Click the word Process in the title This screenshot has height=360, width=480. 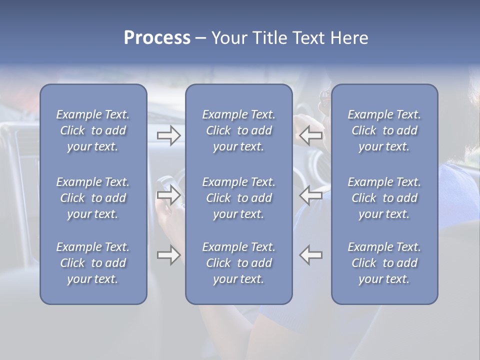click(157, 38)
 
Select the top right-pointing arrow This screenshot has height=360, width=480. click(168, 135)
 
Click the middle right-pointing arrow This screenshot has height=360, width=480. click(168, 195)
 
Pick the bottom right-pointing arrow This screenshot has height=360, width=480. click(168, 255)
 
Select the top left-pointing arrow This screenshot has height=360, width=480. click(311, 135)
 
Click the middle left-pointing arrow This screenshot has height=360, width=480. click(311, 195)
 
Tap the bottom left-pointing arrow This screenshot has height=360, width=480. click(311, 255)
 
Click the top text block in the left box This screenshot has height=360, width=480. click(93, 130)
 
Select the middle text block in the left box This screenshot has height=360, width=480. click(93, 198)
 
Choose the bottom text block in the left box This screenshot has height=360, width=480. click(93, 263)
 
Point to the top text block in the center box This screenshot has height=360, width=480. click(238, 130)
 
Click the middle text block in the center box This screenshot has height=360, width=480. click(238, 198)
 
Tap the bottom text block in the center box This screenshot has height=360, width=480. click(238, 263)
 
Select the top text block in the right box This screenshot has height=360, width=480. click(384, 130)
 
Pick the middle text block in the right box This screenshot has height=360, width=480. click(384, 198)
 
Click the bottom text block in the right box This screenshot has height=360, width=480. click(384, 263)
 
